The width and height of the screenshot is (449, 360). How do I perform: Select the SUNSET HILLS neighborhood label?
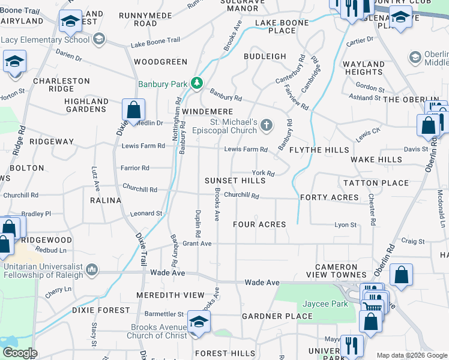coord(235,181)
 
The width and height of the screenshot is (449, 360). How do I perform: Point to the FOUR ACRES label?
coord(259,224)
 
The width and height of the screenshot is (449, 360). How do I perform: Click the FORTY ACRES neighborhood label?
coord(330,197)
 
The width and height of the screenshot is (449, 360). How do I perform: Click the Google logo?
coord(20,353)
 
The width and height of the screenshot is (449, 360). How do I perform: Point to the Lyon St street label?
coord(345,225)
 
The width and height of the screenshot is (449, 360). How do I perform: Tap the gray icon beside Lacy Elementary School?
coord(99,40)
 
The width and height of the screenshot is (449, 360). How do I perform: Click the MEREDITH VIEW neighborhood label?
coord(170,295)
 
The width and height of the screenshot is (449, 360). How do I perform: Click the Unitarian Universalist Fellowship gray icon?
coord(92,270)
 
